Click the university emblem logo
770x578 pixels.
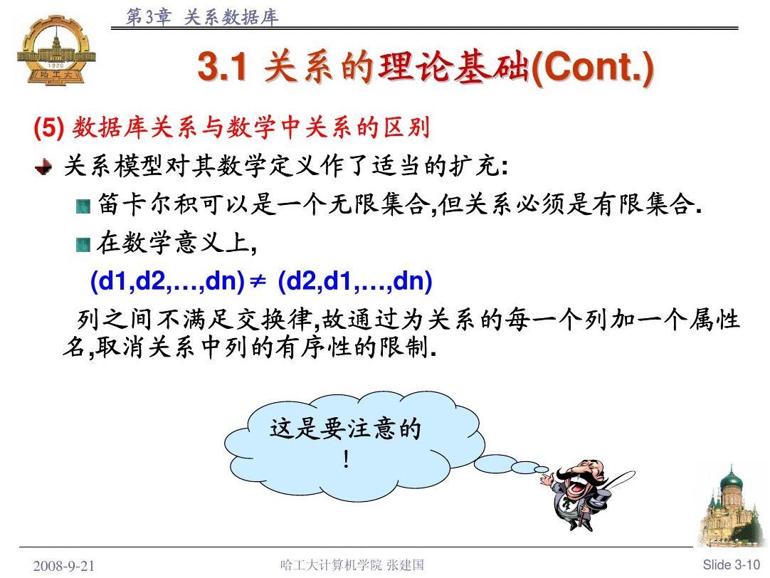(56, 50)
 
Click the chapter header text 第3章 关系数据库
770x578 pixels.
(202, 17)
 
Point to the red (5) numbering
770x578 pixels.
(48, 127)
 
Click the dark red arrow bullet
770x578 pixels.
(43, 167)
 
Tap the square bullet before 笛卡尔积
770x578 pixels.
(83, 206)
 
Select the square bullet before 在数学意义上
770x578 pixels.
(83, 244)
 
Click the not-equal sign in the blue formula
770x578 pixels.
(258, 281)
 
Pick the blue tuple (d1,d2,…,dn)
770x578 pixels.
(168, 281)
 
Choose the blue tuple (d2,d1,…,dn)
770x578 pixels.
(355, 281)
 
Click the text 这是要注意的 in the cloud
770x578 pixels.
(345, 429)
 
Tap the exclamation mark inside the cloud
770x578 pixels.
(346, 460)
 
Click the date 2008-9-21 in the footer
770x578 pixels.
(64, 566)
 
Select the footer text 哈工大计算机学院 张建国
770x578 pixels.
(352, 564)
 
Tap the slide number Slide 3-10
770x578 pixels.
(731, 564)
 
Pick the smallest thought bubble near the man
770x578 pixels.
(541, 470)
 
